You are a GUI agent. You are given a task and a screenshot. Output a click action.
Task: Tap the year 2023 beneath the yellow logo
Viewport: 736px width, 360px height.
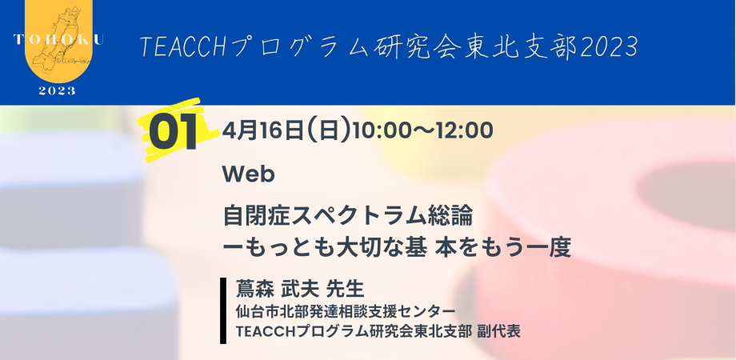point(57,90)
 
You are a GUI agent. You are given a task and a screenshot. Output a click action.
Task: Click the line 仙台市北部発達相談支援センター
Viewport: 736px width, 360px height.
point(346,310)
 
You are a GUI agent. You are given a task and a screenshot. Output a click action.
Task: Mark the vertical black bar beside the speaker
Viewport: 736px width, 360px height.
point(223,310)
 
